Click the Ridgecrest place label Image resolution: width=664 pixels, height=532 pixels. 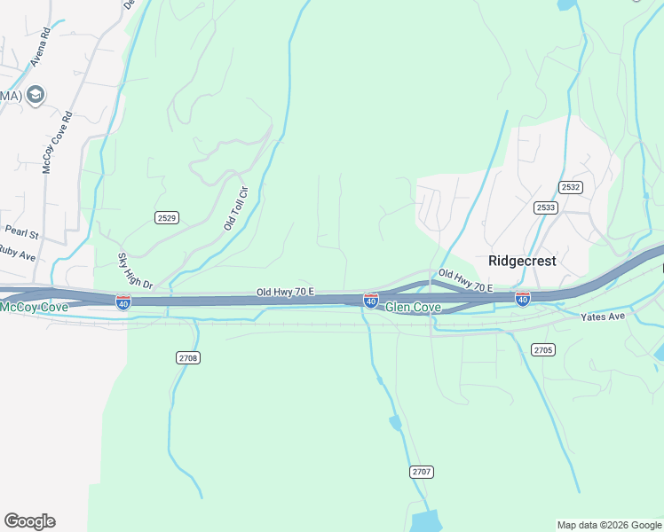pyautogui.click(x=522, y=261)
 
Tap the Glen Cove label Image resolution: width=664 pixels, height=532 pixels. pyautogui.click(x=413, y=307)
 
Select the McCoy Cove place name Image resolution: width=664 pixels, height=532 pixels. pyautogui.click(x=34, y=307)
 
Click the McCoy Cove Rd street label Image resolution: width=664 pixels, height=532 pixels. pyautogui.click(x=57, y=142)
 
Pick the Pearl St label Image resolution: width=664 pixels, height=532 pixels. pyautogui.click(x=21, y=233)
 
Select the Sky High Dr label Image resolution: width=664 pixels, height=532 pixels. pyautogui.click(x=135, y=271)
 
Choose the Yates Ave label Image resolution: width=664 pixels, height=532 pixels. pyautogui.click(x=603, y=317)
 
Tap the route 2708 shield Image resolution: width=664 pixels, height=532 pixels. pyautogui.click(x=187, y=357)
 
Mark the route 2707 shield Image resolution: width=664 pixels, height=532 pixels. pyautogui.click(x=422, y=471)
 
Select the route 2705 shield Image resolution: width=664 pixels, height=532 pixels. pyautogui.click(x=543, y=350)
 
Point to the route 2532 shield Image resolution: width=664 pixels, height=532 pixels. pyautogui.click(x=571, y=187)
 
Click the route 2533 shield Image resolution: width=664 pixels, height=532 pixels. pyautogui.click(x=546, y=207)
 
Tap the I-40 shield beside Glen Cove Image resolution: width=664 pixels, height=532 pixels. pyautogui.click(x=371, y=301)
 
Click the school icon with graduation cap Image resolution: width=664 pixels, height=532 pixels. pyautogui.click(x=36, y=95)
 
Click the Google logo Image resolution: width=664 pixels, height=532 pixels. pyautogui.click(x=29, y=520)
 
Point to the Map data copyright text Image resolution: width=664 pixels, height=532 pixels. pyautogui.click(x=608, y=525)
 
